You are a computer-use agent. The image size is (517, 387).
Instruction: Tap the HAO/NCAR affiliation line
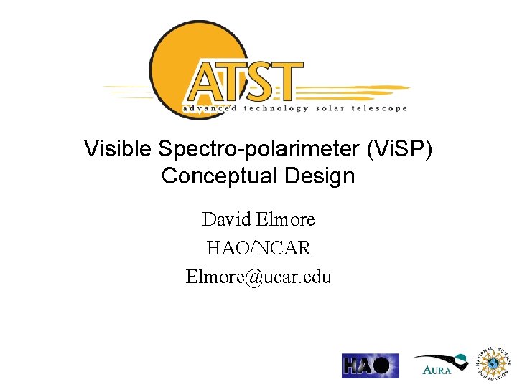click(258, 248)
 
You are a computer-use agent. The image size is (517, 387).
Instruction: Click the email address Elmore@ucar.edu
click(258, 277)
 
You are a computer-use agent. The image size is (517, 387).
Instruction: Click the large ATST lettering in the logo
click(244, 81)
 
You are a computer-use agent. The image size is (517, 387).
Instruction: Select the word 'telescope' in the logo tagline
click(381, 109)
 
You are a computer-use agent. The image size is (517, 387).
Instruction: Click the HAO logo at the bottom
click(370, 365)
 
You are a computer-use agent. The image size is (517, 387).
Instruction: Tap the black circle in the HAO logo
click(385, 365)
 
